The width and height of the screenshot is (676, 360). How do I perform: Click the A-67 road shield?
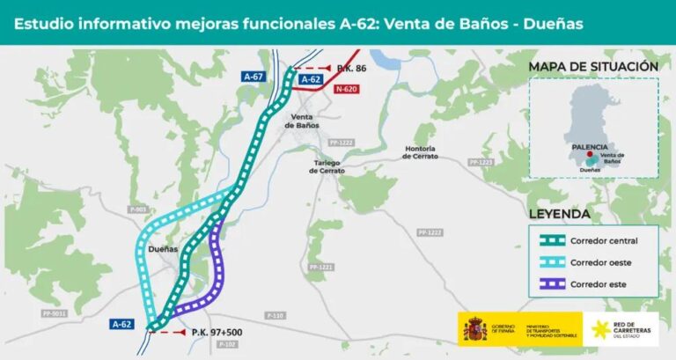coord(254,77)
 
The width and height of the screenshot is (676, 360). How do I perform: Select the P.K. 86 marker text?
coord(352,67)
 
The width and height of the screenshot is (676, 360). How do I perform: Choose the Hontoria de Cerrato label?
coord(419,152)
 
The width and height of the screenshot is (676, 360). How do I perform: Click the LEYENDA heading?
coord(560,214)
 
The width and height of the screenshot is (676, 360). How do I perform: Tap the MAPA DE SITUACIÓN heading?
coord(593,67)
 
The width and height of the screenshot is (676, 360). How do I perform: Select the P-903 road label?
coord(137,209)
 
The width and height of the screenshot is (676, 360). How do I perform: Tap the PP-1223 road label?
coord(481,162)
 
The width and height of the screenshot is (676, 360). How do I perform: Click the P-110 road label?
coord(276,315)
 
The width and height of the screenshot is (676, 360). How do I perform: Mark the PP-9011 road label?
coord(54,312)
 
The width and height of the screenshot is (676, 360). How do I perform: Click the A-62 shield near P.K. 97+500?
coord(122,325)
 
